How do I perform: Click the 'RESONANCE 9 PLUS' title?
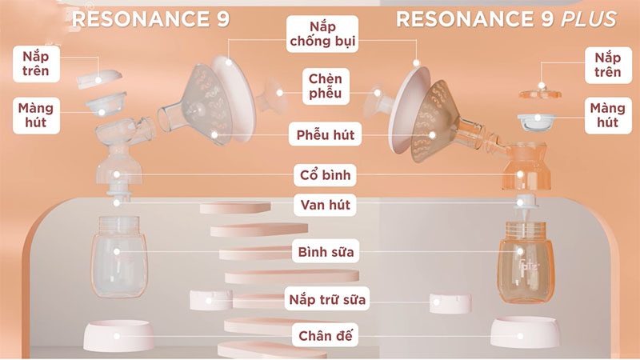tap(506, 18)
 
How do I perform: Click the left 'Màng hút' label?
tap(36, 114)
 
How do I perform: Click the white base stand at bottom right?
tap(524, 331)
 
